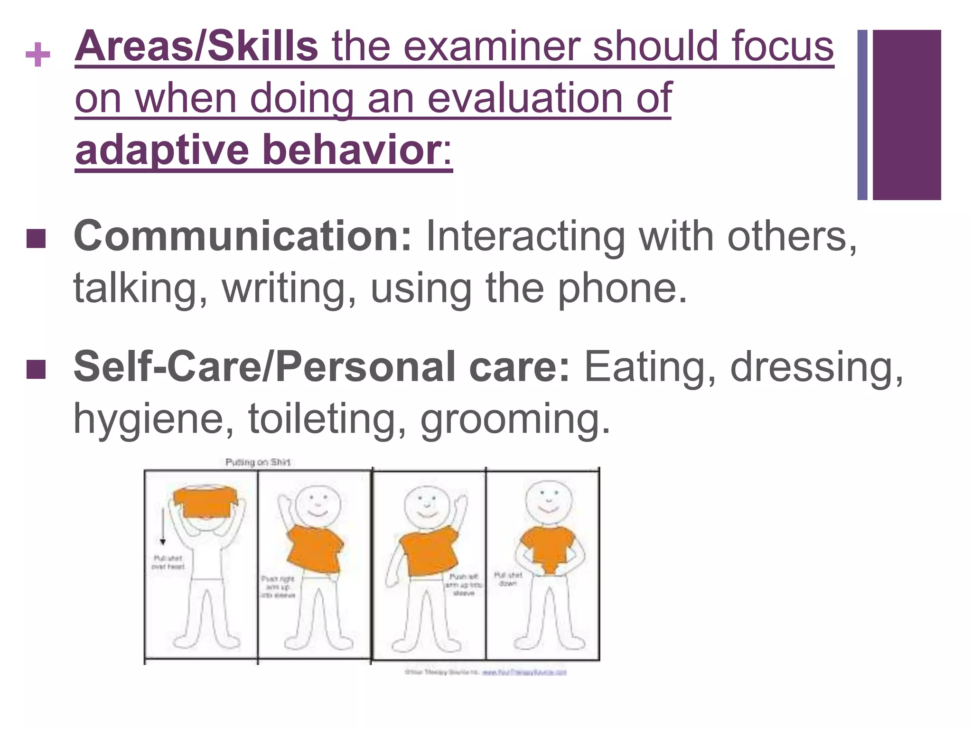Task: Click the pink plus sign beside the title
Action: (x=38, y=55)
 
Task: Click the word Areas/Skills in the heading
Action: (x=196, y=47)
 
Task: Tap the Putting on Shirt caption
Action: (x=258, y=462)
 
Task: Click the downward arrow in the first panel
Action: (x=163, y=526)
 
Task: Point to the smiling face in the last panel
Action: (x=549, y=502)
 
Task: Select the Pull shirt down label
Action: (x=508, y=579)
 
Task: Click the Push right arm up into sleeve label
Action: (x=278, y=587)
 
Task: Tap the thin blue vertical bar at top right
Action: (x=862, y=114)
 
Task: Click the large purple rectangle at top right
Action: (x=907, y=114)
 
